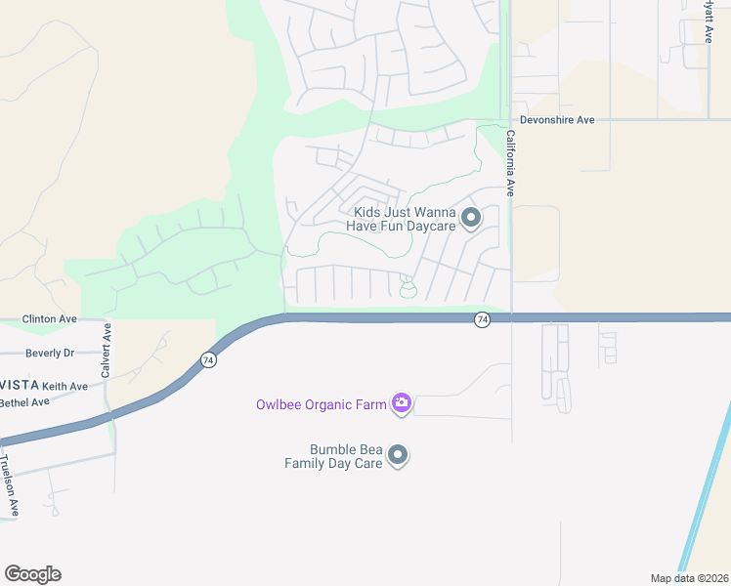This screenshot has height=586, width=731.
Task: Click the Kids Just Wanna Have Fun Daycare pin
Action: click(x=470, y=218)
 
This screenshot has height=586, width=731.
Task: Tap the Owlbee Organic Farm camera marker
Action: click(x=401, y=403)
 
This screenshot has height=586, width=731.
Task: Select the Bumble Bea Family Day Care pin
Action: click(x=398, y=455)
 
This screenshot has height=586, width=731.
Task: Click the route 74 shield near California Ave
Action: click(x=482, y=320)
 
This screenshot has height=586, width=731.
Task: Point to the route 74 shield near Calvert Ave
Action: click(x=208, y=360)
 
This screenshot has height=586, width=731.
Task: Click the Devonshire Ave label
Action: click(x=558, y=120)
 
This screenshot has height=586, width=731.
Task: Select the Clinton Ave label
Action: click(x=50, y=319)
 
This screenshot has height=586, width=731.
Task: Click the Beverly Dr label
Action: click(x=50, y=353)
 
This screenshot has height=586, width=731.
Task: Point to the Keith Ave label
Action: click(x=64, y=387)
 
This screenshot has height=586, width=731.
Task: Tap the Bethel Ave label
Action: click(x=24, y=402)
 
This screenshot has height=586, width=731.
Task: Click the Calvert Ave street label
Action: click(x=107, y=351)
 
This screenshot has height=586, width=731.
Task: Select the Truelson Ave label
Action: click(x=9, y=485)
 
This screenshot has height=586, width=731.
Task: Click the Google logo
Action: click(x=32, y=574)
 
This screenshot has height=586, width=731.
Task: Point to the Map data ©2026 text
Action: click(x=689, y=577)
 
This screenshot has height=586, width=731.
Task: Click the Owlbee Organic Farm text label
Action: click(x=321, y=404)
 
